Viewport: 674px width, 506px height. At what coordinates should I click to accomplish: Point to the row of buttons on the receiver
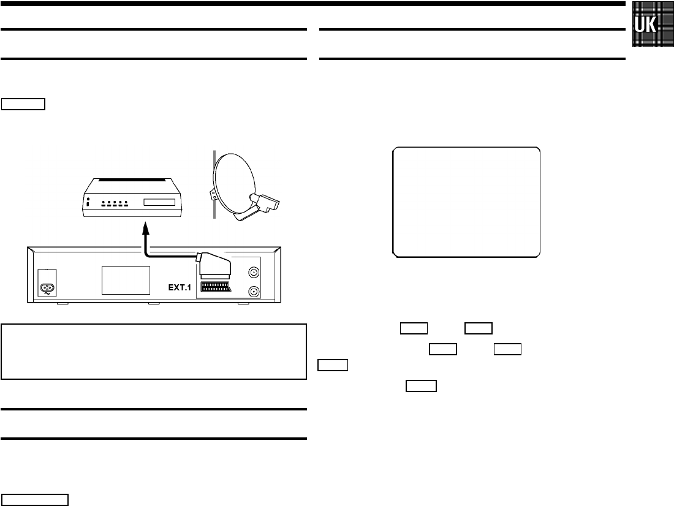[115, 203]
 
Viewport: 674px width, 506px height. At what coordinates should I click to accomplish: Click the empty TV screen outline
[466, 202]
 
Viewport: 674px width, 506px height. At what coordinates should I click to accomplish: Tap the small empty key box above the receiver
[23, 103]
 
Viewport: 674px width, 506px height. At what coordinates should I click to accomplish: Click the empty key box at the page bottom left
[34, 499]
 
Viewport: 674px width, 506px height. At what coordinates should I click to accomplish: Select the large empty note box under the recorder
[154, 352]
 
